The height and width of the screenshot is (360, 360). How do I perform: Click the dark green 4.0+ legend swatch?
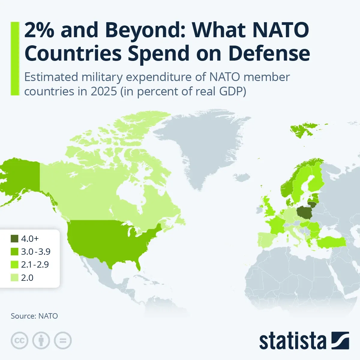click(15, 239)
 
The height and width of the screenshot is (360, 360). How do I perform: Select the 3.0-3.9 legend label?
click(36, 252)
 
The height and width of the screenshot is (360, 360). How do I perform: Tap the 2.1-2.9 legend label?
click(35, 265)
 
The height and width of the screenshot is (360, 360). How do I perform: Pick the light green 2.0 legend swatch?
click(15, 278)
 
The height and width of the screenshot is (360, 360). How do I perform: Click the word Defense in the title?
click(269, 53)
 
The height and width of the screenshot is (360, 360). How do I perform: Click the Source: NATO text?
click(34, 316)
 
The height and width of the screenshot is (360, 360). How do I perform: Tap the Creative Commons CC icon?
click(19, 341)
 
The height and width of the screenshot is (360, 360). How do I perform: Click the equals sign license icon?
click(63, 341)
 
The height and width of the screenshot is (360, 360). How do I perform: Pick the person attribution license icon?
click(41, 341)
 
